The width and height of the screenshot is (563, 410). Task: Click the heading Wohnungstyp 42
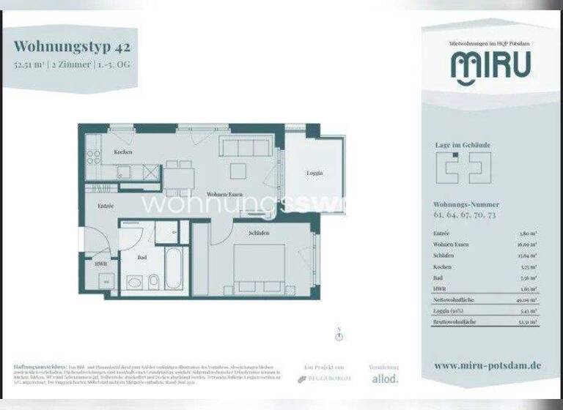point(74,48)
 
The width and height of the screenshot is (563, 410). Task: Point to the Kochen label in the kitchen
point(122,151)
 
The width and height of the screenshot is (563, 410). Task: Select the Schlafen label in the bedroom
point(258,233)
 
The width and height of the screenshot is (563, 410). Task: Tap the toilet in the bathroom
point(151,282)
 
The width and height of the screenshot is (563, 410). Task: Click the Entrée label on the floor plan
point(106,207)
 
